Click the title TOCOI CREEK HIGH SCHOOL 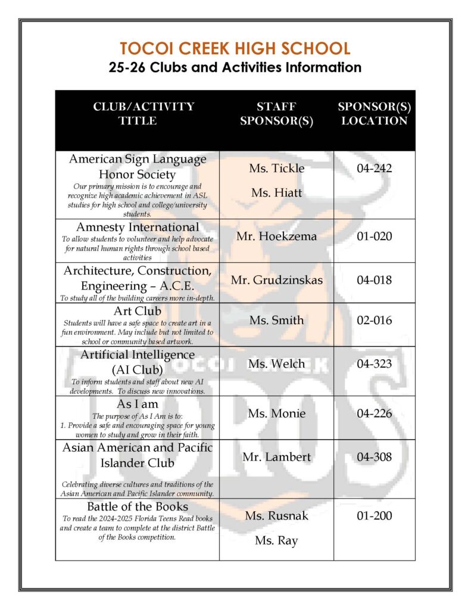click(235, 48)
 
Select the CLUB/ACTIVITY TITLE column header click(144, 113)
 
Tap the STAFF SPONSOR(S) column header click(276, 113)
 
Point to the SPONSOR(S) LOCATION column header click(374, 113)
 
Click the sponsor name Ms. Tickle click(276, 169)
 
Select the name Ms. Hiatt click(276, 193)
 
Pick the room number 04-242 click(374, 169)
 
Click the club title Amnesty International click(138, 227)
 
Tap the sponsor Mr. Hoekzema click(276, 236)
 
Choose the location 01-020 click(374, 236)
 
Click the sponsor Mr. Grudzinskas click(276, 280)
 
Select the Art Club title click(138, 311)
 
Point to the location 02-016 click(374, 320)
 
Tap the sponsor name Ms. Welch click(276, 364)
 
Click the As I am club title click(138, 404)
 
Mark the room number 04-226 click(374, 413)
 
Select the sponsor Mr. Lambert click(276, 457)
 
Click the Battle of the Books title click(138, 507)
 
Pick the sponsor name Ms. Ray click(276, 541)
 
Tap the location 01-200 click(374, 516)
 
